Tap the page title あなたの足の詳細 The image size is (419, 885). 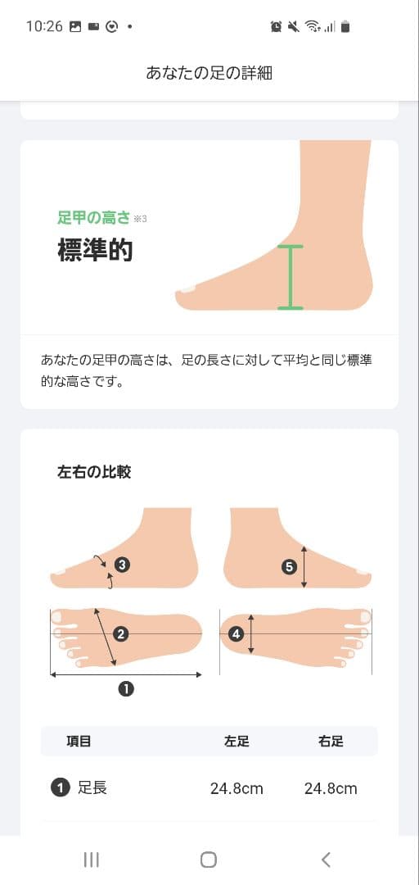(x=209, y=73)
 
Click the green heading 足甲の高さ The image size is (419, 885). (x=93, y=217)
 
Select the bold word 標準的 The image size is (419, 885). (x=95, y=250)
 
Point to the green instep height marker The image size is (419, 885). (x=291, y=278)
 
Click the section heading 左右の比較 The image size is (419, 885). (x=94, y=472)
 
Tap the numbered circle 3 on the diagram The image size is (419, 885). (x=123, y=564)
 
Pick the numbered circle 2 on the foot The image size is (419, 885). (x=120, y=633)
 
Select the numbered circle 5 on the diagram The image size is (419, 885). (x=290, y=567)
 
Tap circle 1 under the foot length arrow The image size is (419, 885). (x=126, y=688)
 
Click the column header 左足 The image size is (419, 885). (x=237, y=741)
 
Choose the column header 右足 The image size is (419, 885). (x=331, y=741)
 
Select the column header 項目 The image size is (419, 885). (x=79, y=741)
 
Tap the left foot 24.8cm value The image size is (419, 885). (x=237, y=788)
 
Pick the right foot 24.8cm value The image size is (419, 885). (x=331, y=788)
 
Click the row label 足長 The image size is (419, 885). (x=92, y=788)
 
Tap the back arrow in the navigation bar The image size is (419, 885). (x=326, y=860)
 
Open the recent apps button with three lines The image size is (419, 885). (x=92, y=860)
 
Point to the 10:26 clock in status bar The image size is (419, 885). (x=44, y=26)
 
